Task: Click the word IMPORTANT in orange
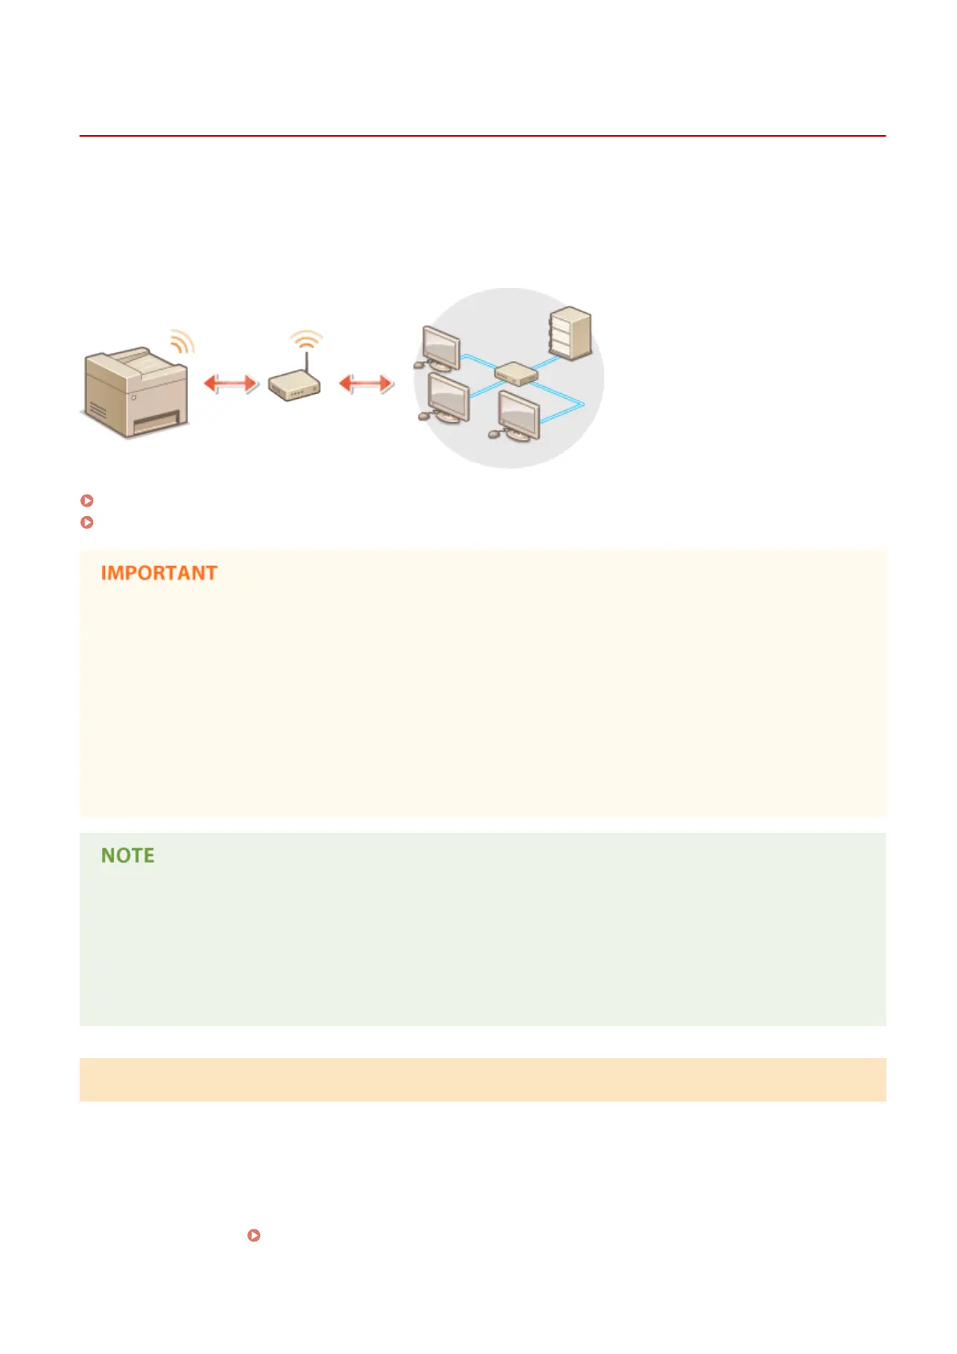click(159, 573)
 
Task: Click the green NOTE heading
click(128, 855)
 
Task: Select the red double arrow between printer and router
click(231, 384)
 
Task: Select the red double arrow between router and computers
click(366, 384)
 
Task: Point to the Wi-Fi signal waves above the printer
click(183, 342)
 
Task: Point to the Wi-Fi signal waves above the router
click(306, 339)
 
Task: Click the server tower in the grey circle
click(571, 333)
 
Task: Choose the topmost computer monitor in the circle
click(441, 347)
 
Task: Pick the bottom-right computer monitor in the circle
click(519, 413)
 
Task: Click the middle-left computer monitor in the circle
click(448, 396)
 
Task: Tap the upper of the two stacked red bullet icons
click(88, 500)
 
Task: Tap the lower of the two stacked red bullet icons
click(88, 523)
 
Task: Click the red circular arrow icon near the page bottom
click(254, 1235)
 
